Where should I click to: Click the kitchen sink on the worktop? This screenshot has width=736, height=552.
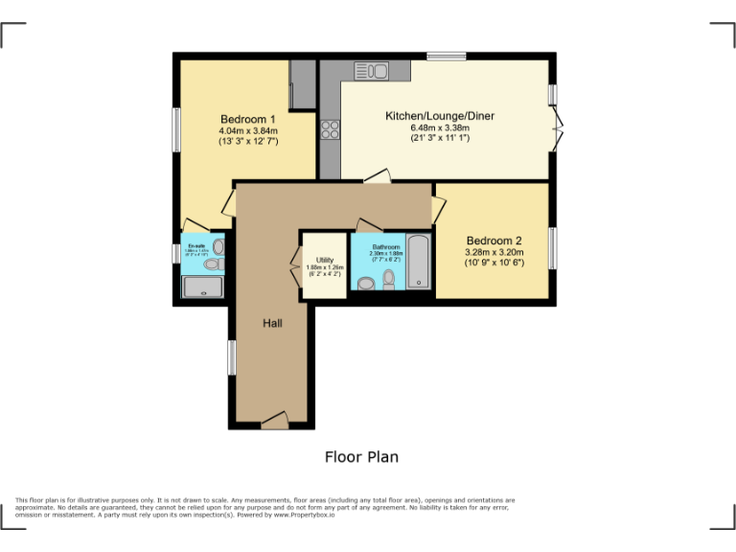pos(371,70)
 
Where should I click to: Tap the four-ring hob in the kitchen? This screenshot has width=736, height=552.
pos(330,129)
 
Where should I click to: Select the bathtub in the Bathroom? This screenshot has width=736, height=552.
pos(419,261)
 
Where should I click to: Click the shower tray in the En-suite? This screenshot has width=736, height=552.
pos(203,287)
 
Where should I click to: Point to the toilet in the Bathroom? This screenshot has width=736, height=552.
pos(388,279)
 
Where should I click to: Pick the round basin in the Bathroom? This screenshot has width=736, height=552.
pos(365,283)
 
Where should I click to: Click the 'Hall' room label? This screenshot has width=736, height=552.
pos(272,324)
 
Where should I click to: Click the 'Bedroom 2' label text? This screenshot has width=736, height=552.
pos(494,241)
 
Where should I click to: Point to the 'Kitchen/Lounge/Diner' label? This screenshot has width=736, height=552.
pos(440,116)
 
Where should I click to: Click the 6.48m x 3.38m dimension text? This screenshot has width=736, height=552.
pos(440,127)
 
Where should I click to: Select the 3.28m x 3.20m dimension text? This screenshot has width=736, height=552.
pos(494,253)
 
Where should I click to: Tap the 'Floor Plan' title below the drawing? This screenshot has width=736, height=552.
pos(361,457)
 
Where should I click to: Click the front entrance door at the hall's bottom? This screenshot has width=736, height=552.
pos(274,419)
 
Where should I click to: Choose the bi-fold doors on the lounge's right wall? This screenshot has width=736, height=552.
pos(558,128)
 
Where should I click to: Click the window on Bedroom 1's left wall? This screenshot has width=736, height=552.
pos(176,127)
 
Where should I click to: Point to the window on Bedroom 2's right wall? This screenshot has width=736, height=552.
pos(552,248)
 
